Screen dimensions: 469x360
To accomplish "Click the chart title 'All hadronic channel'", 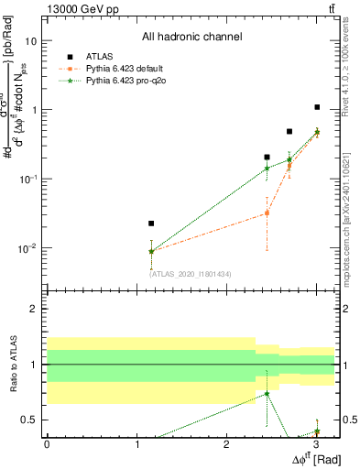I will tap(191, 38).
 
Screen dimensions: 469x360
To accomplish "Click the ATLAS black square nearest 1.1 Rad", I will tap(151, 224).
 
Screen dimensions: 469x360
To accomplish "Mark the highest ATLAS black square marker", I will tap(317, 107).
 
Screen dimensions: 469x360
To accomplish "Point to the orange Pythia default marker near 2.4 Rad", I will tap(267, 213).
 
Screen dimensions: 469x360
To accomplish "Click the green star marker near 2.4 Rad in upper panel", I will tap(267, 168).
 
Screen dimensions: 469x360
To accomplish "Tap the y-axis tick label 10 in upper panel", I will tap(32, 41).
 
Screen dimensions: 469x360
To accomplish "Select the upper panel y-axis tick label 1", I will tap(35, 110).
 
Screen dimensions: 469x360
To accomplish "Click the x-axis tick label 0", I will tap(47, 444).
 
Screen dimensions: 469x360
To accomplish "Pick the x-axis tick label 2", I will tap(226, 444).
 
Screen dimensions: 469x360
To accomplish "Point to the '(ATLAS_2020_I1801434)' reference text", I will tap(191, 273).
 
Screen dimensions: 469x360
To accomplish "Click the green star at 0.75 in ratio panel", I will tap(267, 393).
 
